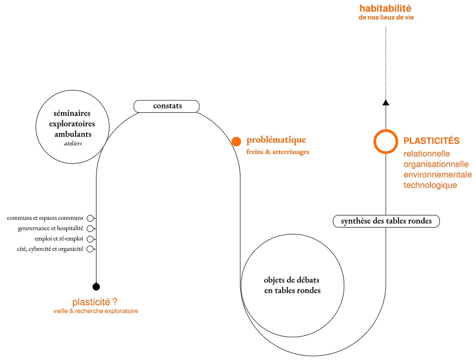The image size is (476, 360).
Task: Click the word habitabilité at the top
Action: tap(385, 9)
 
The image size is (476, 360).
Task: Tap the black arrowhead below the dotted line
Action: tap(386, 102)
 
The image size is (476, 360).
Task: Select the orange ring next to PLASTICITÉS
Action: tap(386, 141)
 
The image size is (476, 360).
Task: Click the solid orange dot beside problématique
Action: tap(236, 141)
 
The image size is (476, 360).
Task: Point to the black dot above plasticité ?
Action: tap(96, 286)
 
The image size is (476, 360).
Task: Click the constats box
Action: tap(167, 106)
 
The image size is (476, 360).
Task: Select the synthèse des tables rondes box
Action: tap(386, 221)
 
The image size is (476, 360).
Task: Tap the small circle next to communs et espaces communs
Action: tap(90, 218)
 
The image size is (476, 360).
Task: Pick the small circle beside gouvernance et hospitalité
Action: tap(90, 229)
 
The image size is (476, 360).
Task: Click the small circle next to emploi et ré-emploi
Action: tap(90, 239)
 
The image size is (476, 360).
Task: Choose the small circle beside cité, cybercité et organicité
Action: tap(90, 249)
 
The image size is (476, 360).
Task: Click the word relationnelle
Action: tap(426, 154)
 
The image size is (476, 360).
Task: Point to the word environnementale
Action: tap(437, 175)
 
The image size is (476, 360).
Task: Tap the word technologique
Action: tap(430, 185)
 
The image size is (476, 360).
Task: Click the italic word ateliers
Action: tap(72, 143)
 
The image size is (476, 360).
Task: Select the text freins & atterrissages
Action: tap(278, 152)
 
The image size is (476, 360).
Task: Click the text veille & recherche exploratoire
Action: tap(96, 311)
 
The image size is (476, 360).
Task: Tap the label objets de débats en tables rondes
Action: tap(292, 285)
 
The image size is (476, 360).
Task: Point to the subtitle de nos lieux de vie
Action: tap(385, 18)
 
